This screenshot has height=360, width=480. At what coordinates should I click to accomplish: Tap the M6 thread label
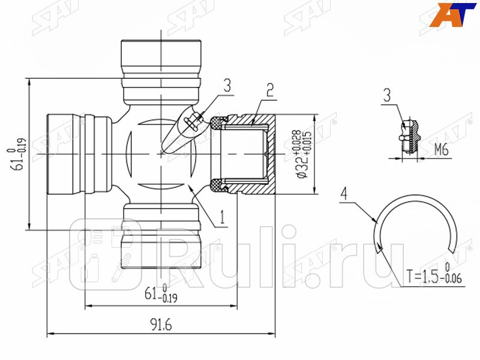[x=441, y=150]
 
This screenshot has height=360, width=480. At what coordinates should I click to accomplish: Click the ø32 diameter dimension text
[x=297, y=154]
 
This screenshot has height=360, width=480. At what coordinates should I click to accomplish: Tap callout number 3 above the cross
[x=227, y=85]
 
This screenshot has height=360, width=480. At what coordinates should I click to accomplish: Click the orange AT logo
[x=453, y=14]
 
